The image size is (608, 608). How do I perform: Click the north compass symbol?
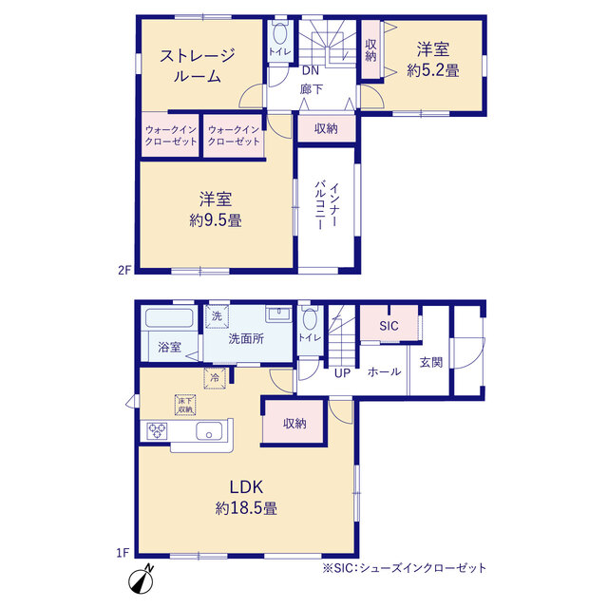point(142,579)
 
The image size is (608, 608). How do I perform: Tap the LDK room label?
point(246,487)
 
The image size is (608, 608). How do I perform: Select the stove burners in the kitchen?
point(157,431)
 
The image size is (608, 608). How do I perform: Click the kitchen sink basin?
point(209,431)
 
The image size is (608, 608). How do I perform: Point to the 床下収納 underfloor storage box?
point(185,406)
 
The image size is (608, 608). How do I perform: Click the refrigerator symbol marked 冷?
point(215,378)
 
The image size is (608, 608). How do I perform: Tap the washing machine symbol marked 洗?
point(217,316)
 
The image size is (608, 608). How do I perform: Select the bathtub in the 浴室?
point(169,318)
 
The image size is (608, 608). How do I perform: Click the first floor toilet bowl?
point(310,319)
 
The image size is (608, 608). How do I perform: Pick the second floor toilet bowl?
point(279,33)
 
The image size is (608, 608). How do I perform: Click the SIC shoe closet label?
point(389,326)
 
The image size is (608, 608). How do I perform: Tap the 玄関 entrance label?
point(430,363)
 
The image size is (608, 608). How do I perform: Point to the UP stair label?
point(342,373)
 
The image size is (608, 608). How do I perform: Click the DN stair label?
point(311,70)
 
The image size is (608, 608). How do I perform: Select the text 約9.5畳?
point(216,221)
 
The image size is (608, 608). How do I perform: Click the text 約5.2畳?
point(433,70)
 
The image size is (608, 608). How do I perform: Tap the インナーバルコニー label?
point(327,205)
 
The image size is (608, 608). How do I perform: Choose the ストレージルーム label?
point(198,66)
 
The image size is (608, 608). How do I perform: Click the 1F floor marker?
point(123,553)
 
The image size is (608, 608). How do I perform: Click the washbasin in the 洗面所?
point(278,313)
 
